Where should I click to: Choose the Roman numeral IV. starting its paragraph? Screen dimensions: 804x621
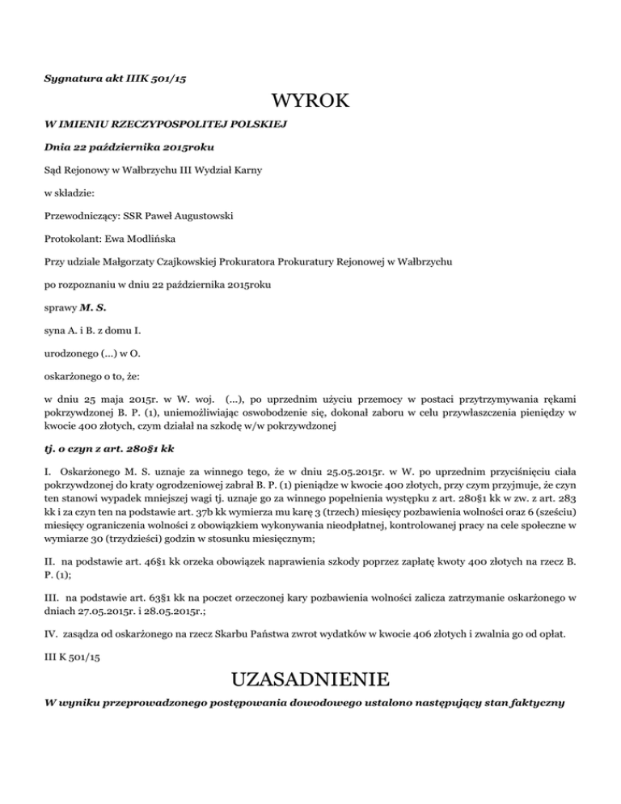pyautogui.click(x=51, y=616)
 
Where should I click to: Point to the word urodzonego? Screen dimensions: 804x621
pyautogui.click(x=70, y=354)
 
